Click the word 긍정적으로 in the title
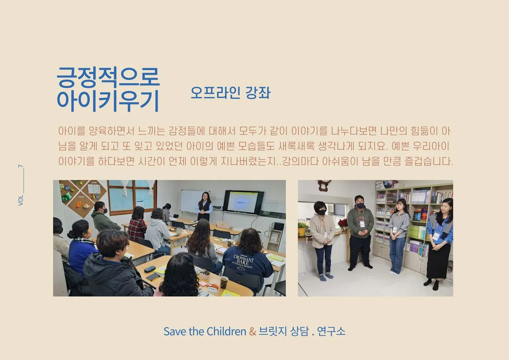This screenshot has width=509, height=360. (108, 76)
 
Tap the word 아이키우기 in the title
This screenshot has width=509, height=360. (108, 100)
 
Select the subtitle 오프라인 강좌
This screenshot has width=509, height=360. (230, 93)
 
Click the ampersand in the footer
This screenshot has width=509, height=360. (252, 331)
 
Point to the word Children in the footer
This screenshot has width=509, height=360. (226, 331)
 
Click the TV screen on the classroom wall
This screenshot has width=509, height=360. (243, 202)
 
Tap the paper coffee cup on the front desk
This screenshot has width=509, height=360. (224, 282)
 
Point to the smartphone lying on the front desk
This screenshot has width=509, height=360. (153, 277)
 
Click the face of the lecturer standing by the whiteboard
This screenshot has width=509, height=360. (205, 197)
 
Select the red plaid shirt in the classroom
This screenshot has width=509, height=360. (137, 229)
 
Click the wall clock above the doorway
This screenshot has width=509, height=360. (324, 185)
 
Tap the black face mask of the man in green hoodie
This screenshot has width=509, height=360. (360, 205)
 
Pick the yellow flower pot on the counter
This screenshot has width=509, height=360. (302, 231)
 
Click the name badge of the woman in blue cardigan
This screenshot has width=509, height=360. (436, 236)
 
